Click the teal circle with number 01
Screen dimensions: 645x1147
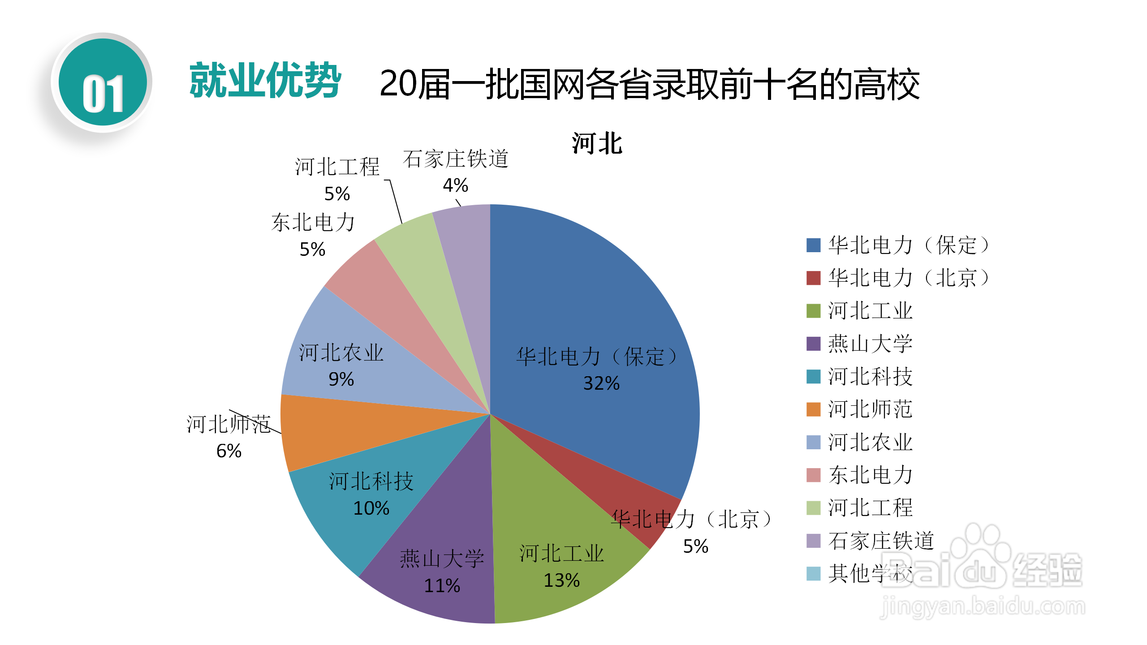(x=103, y=82)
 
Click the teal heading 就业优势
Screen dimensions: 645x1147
(x=265, y=81)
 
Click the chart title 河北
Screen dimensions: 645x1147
(x=597, y=144)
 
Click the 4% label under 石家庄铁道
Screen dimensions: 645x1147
(x=455, y=185)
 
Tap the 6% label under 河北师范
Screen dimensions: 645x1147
(x=229, y=451)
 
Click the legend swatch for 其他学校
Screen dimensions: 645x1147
(x=813, y=573)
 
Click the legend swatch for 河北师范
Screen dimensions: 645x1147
(x=813, y=409)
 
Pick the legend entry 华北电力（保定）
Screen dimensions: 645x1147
(x=907, y=245)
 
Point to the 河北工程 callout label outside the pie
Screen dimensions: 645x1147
(x=337, y=167)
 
